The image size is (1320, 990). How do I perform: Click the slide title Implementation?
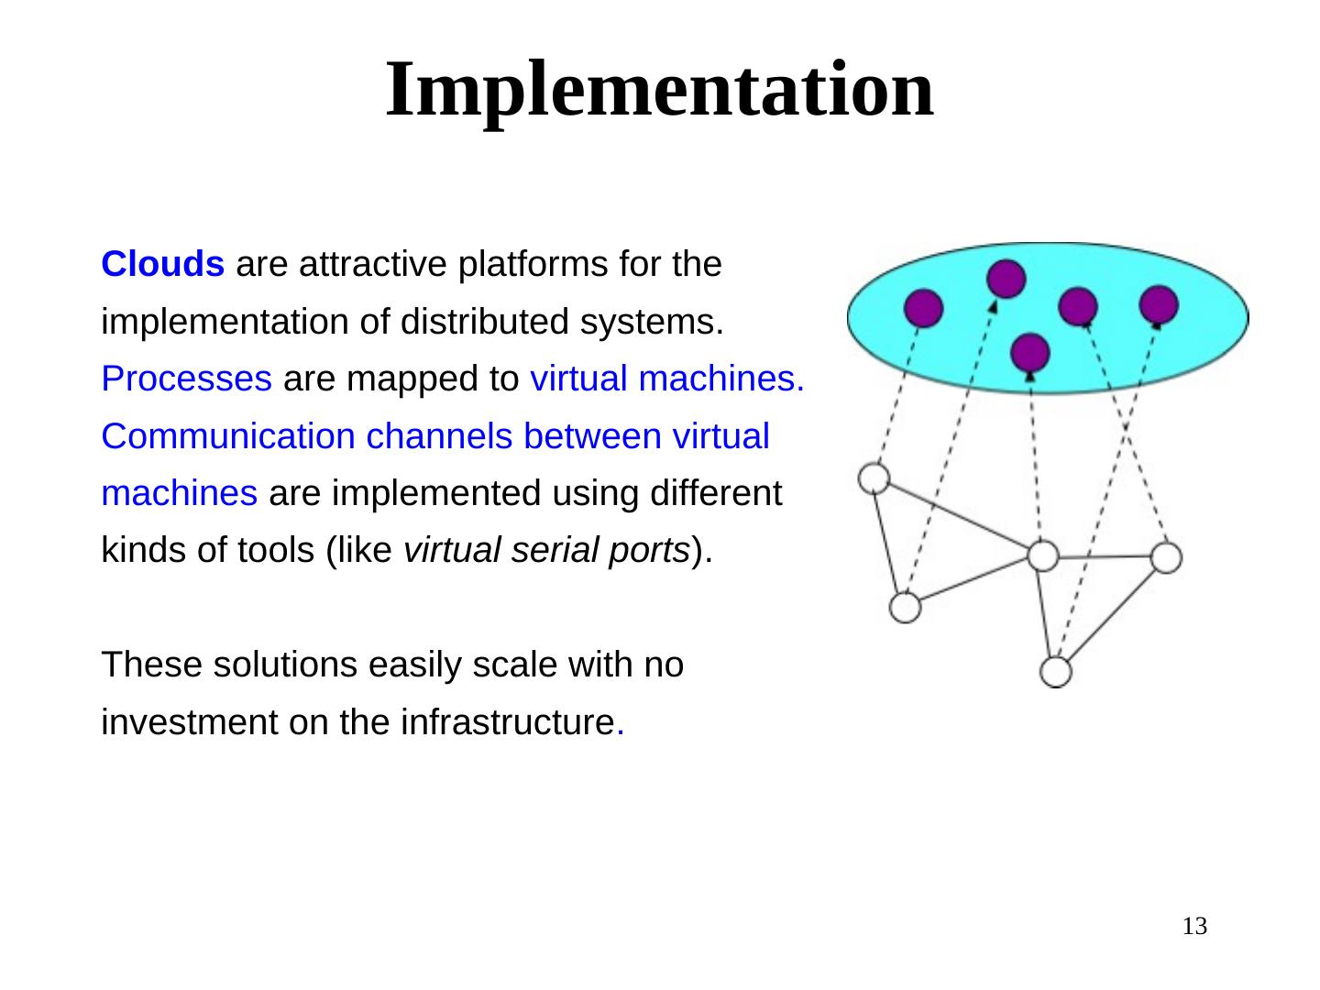[659, 89]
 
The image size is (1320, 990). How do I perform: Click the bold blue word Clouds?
[163, 265]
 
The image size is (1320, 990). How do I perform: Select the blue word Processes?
[186, 379]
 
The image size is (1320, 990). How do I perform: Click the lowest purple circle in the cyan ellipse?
[1031, 352]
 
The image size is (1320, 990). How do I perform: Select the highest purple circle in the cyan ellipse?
[1006, 278]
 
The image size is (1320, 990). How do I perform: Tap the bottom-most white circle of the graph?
[1056, 672]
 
